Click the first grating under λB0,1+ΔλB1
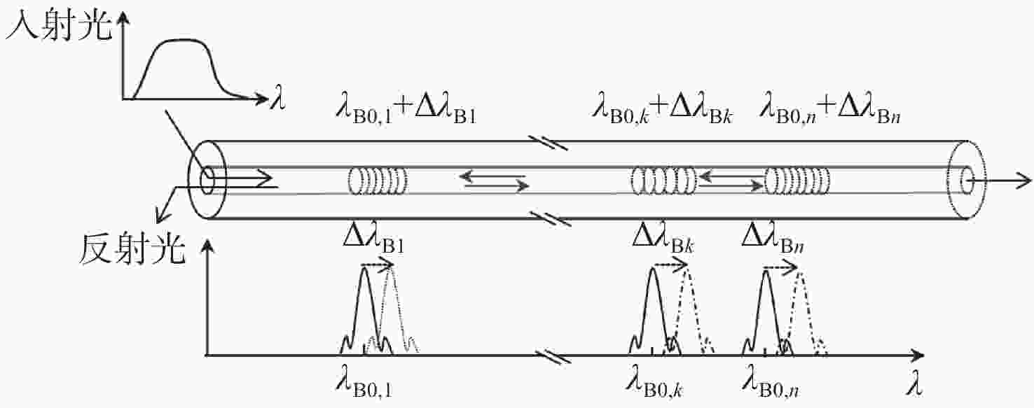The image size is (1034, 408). pyautogui.click(x=377, y=181)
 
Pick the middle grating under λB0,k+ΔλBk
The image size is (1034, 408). pyautogui.click(x=663, y=181)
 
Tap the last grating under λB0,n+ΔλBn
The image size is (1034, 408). pyautogui.click(x=797, y=181)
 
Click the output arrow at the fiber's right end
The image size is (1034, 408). pyautogui.click(x=1000, y=181)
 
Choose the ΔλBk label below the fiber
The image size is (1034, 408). pyautogui.click(x=663, y=240)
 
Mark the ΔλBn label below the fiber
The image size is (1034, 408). pyautogui.click(x=773, y=240)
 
